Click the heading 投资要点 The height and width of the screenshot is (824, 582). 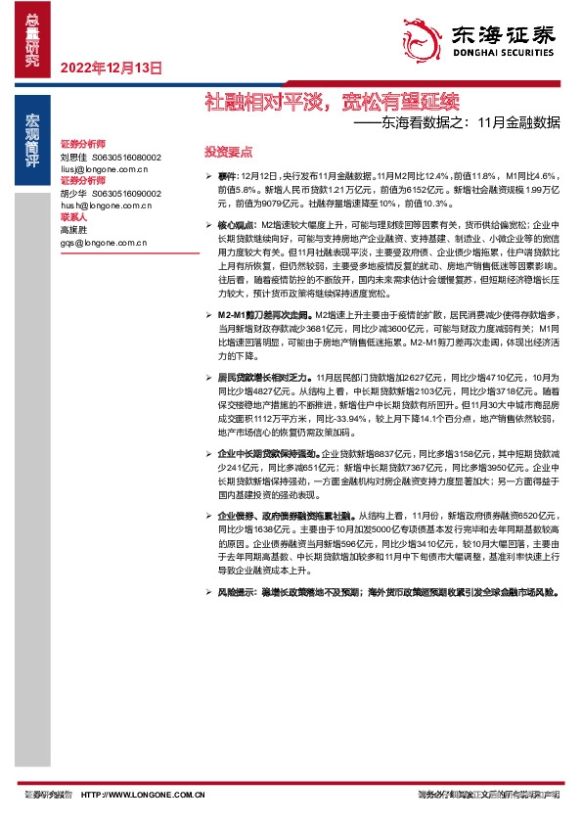(228, 152)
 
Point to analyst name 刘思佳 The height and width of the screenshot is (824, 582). (74, 157)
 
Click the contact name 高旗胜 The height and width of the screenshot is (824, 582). (74, 229)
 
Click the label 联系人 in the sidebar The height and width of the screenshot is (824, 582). (73, 217)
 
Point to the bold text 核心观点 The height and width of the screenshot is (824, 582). (237, 225)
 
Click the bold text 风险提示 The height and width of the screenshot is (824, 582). (237, 592)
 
